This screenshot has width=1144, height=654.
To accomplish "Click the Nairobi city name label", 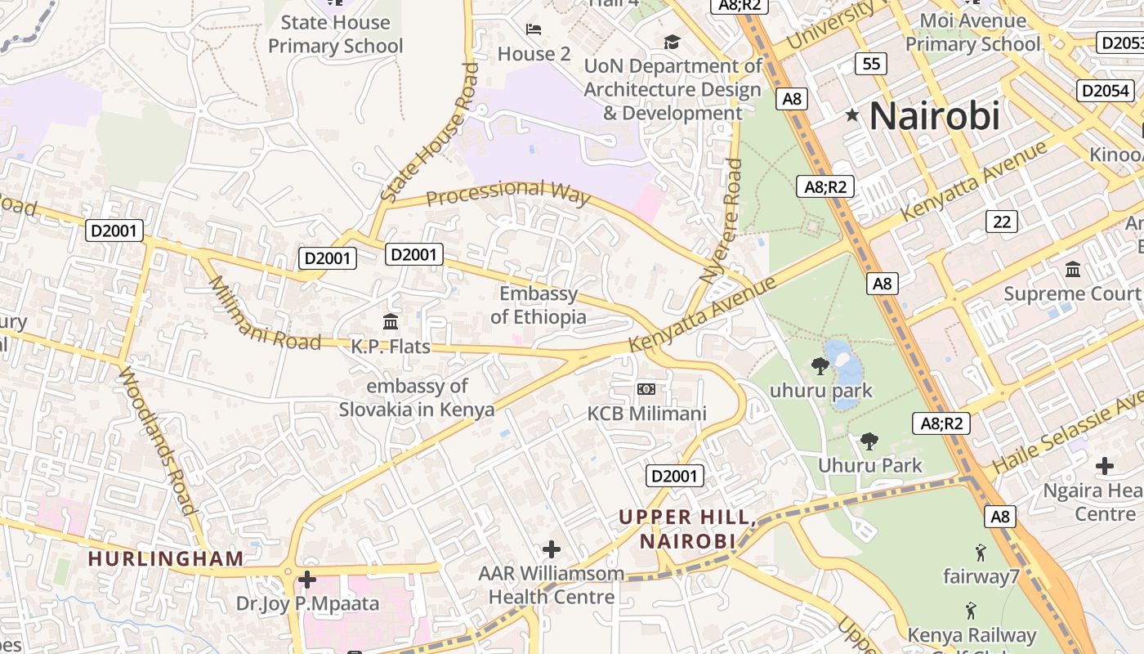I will tap(934, 115).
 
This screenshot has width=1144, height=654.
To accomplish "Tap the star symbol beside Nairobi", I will tap(852, 115).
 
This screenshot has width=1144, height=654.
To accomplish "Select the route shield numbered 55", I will tap(871, 63).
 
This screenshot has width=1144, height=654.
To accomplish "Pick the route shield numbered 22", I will tap(1002, 221).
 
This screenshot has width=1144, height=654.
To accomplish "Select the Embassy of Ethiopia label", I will tap(538, 305).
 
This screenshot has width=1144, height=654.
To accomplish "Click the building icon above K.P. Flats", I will tap(391, 321).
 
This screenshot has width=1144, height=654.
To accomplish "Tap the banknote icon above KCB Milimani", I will tap(646, 388).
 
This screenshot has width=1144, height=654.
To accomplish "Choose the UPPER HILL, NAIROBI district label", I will tap(686, 529).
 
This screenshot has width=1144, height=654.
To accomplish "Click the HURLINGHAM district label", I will tap(166, 559).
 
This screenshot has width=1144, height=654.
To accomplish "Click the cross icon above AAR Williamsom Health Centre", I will tap(552, 549).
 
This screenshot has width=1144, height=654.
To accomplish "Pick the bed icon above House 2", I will tap(534, 30).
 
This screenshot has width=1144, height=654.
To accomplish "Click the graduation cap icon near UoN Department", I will tap(672, 42).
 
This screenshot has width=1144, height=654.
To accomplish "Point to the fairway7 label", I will tap(981, 576).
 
